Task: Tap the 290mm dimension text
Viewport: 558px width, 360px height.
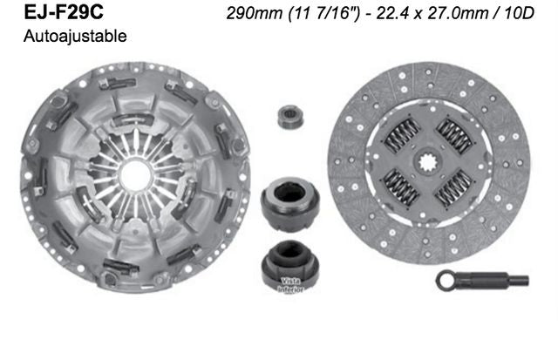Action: [245, 15]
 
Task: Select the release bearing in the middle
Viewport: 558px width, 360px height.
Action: [283, 201]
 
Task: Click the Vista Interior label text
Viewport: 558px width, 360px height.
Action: [291, 285]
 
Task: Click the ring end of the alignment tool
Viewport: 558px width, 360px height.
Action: [446, 281]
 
